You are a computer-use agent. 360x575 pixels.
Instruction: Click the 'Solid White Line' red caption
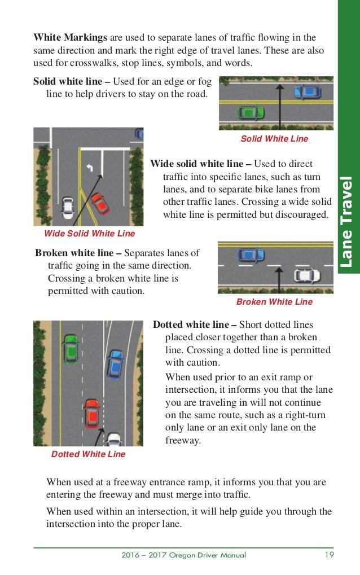coord(274,139)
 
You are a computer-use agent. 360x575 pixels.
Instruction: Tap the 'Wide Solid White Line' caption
coord(89,233)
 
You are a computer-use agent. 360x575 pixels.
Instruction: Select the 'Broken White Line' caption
coord(274,302)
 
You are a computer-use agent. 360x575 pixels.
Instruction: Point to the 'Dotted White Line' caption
coord(88,454)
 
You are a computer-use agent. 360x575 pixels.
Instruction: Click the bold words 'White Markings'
coord(70,38)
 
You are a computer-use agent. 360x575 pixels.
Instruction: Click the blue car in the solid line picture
coord(307,91)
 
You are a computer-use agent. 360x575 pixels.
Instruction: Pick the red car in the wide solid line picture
coord(100,203)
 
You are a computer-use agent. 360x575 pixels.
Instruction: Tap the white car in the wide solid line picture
coord(68,208)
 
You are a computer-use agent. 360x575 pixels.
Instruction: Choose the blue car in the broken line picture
coord(251,256)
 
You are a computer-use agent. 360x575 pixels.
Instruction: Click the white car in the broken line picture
coord(307,276)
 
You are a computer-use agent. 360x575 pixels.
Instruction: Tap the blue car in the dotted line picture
coord(115,365)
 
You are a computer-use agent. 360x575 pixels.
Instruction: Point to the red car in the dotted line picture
coord(91,412)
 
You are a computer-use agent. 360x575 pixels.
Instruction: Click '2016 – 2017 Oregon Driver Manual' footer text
coord(183,555)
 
